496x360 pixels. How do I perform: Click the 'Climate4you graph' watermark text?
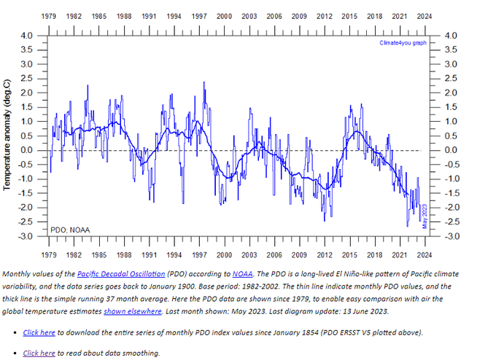(403, 43)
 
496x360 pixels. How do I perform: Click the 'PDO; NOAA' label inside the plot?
(70, 230)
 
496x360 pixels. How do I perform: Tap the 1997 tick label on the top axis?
(199, 15)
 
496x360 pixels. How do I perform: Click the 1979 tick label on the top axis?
(50, 15)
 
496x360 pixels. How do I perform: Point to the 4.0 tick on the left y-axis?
(26, 35)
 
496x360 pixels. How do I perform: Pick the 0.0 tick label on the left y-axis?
(26, 150)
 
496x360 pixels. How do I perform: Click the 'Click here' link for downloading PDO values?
(39, 332)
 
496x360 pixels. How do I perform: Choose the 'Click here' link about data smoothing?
(39, 353)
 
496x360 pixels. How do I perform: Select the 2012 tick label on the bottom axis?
(325, 254)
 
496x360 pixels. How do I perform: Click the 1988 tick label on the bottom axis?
(124, 254)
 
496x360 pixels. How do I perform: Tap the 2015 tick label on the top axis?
(349, 15)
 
